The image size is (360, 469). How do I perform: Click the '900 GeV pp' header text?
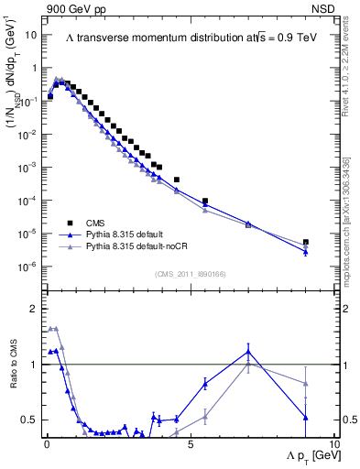(x=73, y=9)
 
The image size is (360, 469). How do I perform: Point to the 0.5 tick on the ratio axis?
(x=32, y=420)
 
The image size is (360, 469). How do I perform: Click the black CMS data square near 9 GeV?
(x=306, y=243)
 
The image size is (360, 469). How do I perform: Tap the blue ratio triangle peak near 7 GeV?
(x=248, y=351)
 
